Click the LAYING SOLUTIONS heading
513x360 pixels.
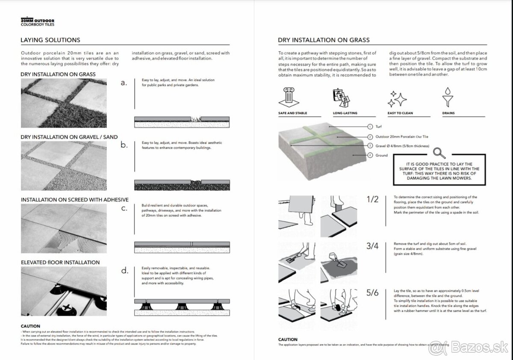(50, 40)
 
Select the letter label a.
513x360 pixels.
(124, 83)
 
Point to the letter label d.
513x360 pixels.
(124, 270)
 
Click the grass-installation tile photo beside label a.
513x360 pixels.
(64, 104)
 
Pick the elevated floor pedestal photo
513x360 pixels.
(64, 291)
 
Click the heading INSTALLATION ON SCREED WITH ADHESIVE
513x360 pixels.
(74, 200)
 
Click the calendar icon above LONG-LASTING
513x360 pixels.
(341, 98)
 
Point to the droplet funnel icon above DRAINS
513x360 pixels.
(448, 97)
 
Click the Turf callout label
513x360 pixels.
(379, 127)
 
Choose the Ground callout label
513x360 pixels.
(381, 155)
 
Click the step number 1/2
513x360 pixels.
(373, 199)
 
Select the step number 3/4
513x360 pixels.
(373, 246)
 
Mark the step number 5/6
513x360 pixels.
(373, 293)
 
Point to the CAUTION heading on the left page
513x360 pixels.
(30, 326)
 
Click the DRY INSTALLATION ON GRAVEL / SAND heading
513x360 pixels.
(69, 137)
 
